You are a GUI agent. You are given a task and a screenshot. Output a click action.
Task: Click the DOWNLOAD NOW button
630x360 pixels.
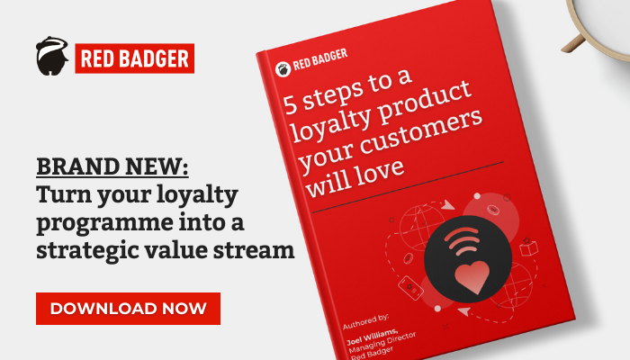tap(128, 309)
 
